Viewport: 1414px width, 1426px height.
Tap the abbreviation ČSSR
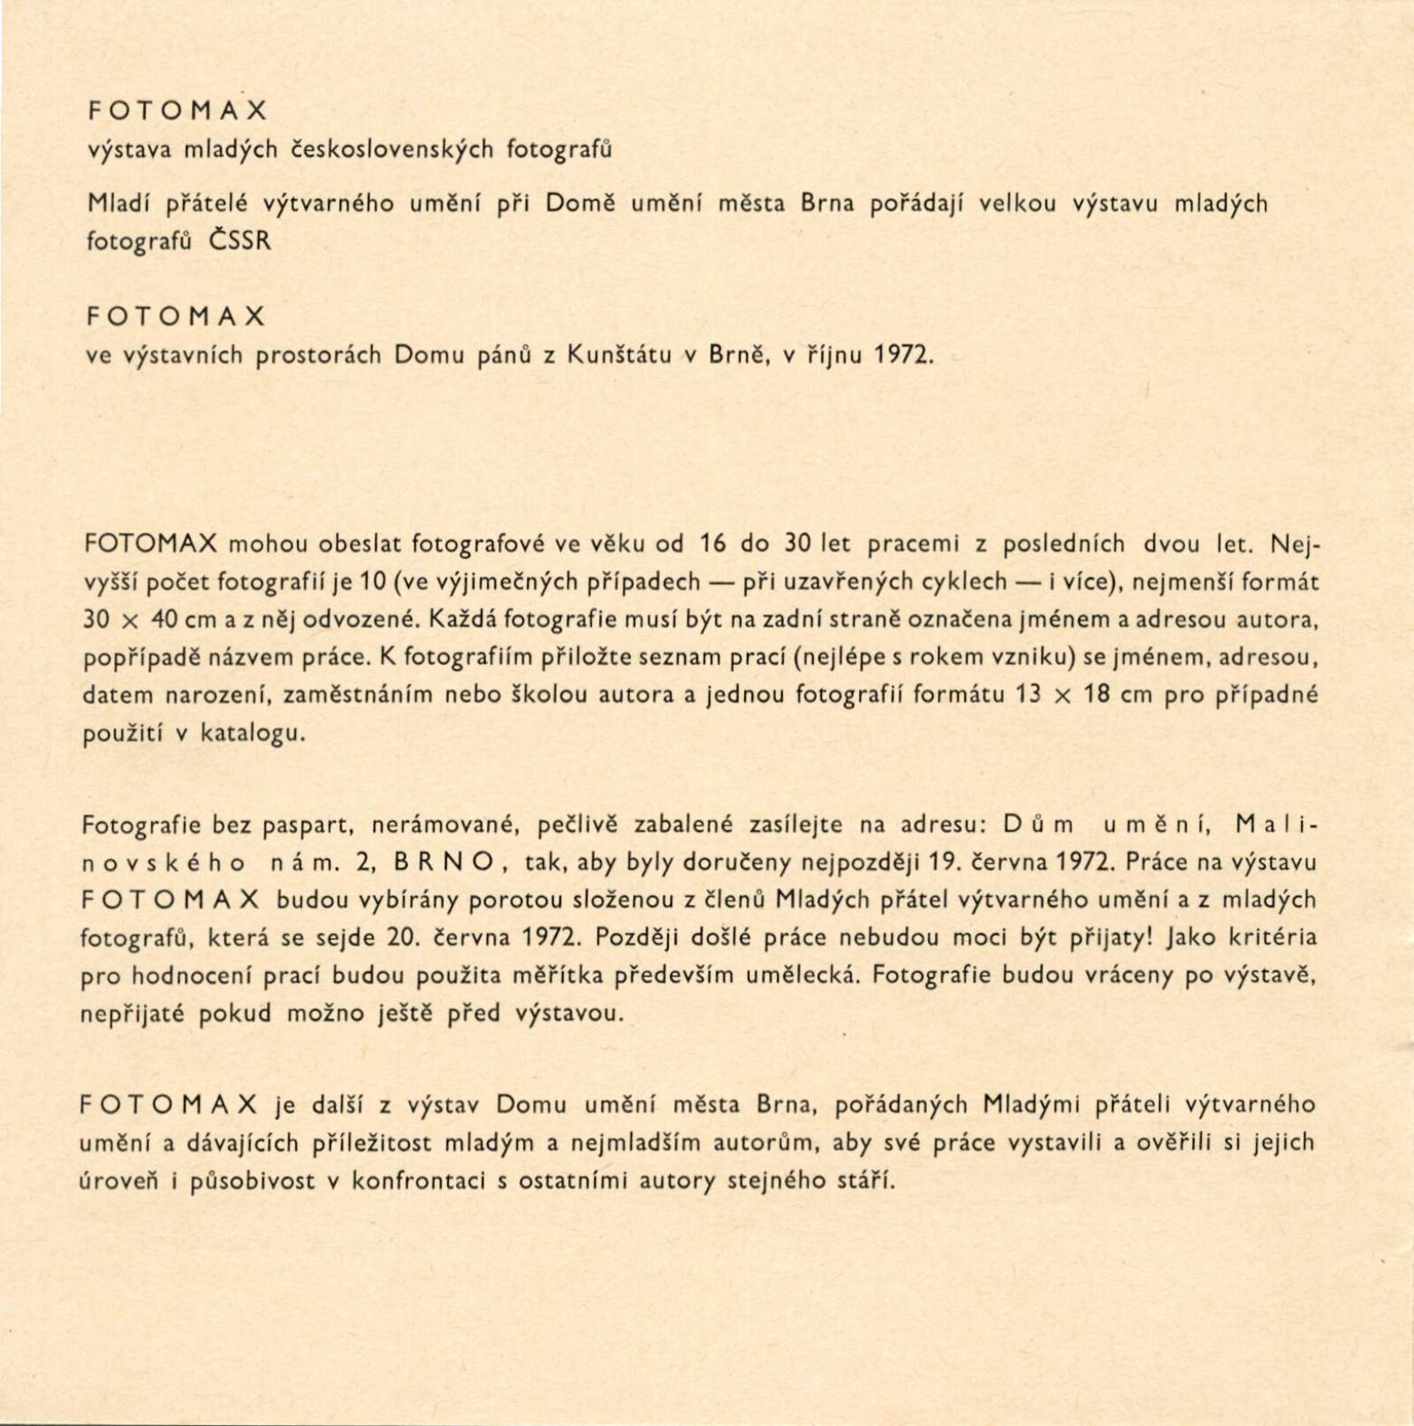[240, 240]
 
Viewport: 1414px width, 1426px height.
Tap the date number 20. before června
[403, 937]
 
